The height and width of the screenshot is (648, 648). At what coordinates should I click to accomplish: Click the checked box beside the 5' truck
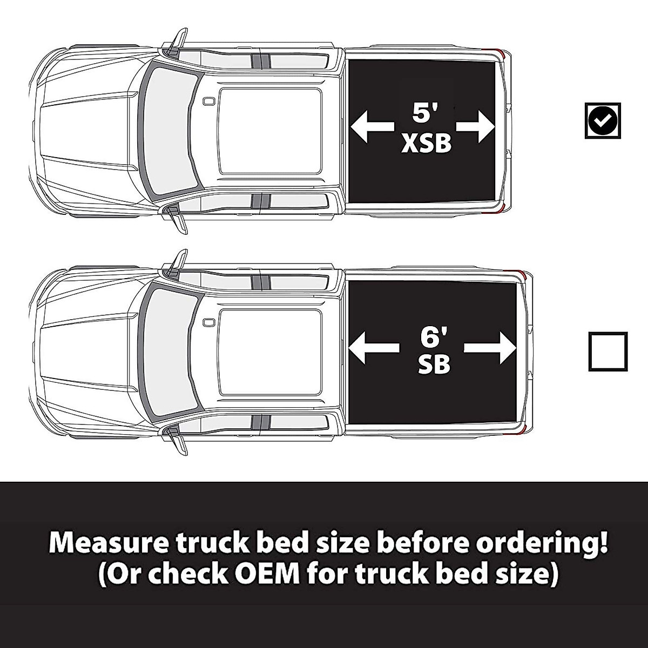pos(603,120)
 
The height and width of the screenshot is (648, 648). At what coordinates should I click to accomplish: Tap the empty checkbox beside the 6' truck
pos(607,352)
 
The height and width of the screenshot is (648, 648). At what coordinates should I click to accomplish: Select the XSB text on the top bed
pos(426,144)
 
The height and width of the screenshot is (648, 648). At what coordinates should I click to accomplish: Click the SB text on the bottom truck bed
pos(434,366)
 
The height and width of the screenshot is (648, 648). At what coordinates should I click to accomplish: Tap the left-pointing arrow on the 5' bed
pos(372,127)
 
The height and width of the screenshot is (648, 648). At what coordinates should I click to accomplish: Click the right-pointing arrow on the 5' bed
pos(476,127)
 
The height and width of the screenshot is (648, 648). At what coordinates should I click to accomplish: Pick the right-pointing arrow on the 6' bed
pos(490,347)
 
